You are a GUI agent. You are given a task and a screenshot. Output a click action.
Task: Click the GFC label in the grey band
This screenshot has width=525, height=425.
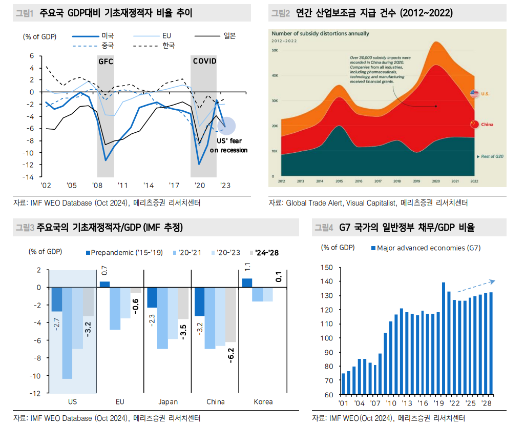click(x=106, y=62)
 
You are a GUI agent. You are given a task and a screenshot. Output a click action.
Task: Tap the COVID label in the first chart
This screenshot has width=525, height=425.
click(x=204, y=62)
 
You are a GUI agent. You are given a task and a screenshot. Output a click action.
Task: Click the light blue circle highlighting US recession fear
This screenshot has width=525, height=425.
click(x=226, y=126)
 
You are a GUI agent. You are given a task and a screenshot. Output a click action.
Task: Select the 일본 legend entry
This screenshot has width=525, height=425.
click(x=229, y=36)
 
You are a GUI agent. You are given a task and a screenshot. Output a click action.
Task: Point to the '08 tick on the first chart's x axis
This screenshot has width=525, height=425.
click(x=96, y=185)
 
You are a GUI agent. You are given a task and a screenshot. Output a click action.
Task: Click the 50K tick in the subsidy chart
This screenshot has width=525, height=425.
click(x=275, y=50)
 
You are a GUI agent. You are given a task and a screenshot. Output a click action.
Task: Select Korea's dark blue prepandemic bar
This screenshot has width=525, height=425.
click(x=247, y=283)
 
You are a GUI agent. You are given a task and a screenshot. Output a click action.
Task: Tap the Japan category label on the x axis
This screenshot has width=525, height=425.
click(x=168, y=401)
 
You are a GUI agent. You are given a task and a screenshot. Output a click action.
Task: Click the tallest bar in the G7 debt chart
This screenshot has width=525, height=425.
click(x=443, y=339)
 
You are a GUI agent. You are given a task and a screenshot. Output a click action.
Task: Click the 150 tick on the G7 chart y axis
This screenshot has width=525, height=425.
click(x=327, y=267)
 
